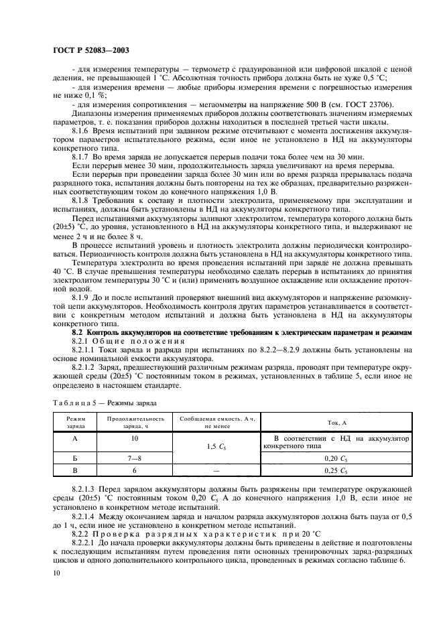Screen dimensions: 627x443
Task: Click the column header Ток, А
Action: coord(337,423)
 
